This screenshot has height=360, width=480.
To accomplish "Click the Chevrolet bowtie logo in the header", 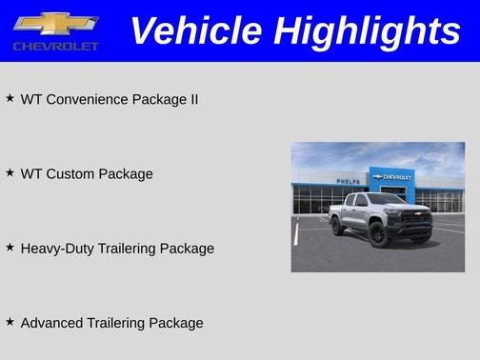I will tap(55, 24).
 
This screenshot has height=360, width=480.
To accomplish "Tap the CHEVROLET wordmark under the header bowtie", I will tap(55, 46).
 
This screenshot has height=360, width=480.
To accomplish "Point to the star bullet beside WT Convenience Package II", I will tap(10, 98).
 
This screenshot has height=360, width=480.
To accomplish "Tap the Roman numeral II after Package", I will tap(192, 99).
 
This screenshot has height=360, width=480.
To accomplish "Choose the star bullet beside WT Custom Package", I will tap(10, 172).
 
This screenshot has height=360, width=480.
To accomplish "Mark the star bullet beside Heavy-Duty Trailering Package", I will tap(10, 247).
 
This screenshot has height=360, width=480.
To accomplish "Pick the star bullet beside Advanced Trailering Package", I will tap(10, 321).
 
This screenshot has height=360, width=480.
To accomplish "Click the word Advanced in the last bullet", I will tap(52, 323).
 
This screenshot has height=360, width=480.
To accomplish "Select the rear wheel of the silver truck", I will tap(338, 226).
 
